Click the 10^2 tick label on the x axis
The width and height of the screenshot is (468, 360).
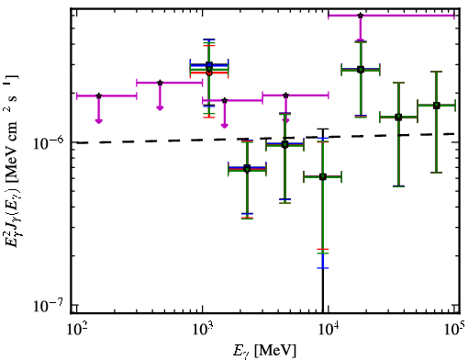click(77, 330)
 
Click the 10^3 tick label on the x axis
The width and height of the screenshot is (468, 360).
click(203, 330)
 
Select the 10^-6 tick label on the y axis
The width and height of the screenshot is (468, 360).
click(48, 143)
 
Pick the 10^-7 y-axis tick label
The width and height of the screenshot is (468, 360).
click(48, 305)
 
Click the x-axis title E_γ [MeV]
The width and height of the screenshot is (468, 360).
click(264, 351)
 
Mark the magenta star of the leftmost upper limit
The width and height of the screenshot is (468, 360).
click(98, 96)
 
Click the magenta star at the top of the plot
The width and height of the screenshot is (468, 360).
click(361, 16)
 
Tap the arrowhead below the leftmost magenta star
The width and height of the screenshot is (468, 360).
click(98, 121)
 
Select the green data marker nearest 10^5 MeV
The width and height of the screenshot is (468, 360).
click(437, 106)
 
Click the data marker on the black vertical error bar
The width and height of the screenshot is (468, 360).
click(323, 176)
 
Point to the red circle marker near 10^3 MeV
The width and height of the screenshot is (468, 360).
click(209, 73)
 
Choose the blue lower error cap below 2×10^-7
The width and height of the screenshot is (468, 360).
click(323, 268)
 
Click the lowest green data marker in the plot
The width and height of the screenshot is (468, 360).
click(323, 176)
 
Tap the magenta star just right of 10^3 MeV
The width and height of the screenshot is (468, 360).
click(225, 100)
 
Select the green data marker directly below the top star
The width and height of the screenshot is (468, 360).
click(361, 70)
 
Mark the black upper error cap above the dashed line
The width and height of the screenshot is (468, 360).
click(323, 129)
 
